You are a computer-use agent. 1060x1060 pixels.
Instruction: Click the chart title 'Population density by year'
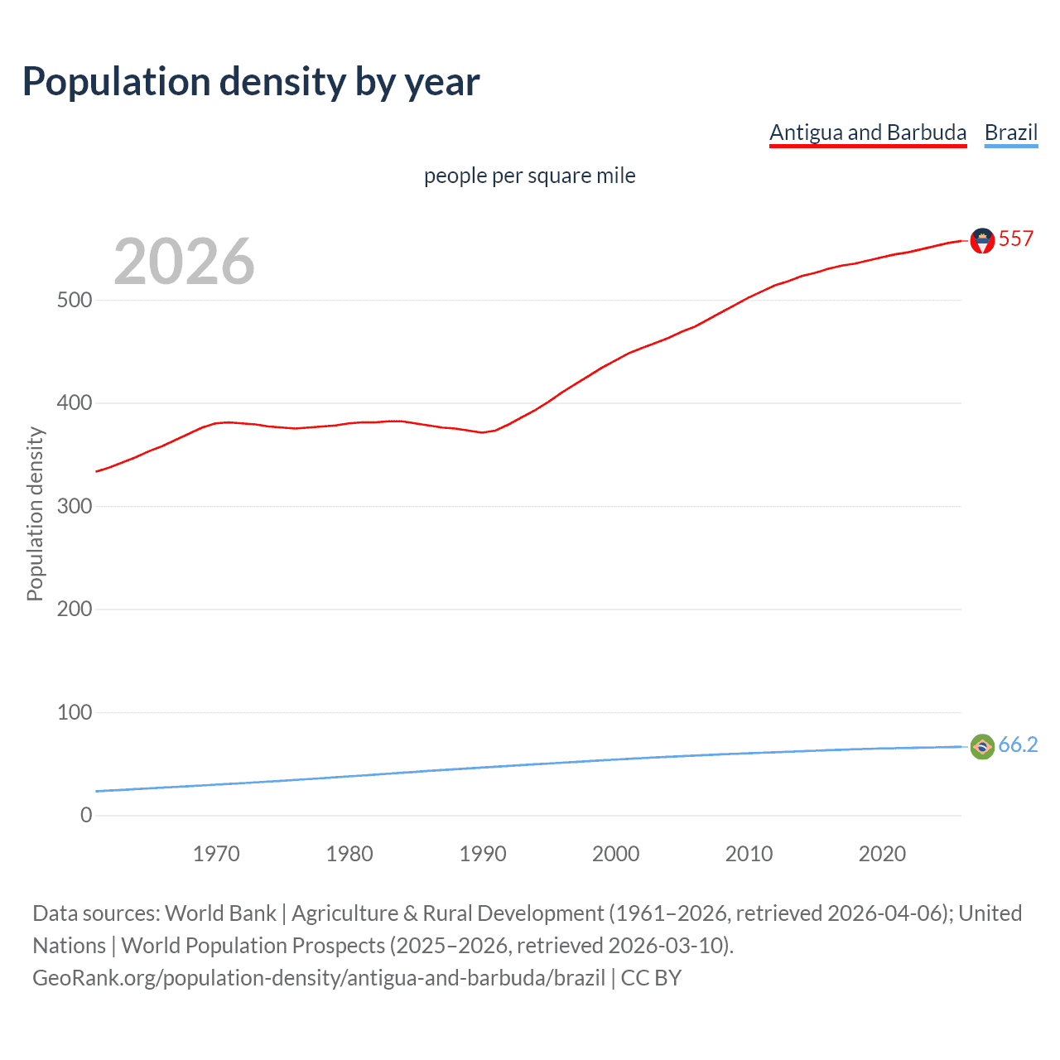[251, 82]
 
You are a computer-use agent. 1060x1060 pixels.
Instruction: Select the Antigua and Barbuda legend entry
[868, 132]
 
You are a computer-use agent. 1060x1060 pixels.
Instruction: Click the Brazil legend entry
[1010, 132]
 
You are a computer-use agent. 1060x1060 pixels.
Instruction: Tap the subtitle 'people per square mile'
[529, 176]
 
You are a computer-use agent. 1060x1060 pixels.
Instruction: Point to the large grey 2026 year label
[184, 262]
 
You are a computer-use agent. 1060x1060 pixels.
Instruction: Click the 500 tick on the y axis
[75, 300]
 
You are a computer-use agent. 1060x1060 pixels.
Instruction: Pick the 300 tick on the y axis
[75, 506]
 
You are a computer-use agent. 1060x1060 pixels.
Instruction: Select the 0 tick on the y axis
[86, 815]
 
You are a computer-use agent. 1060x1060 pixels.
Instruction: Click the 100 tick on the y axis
[75, 712]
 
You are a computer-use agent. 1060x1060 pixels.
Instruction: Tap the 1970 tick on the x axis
[216, 854]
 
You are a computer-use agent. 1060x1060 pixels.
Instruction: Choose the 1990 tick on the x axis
[483, 854]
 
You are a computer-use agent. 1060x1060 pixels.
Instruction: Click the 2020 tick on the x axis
[882, 854]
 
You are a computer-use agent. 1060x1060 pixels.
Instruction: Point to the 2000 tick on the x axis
[615, 854]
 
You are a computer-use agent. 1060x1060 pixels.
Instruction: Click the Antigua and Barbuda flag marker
[982, 240]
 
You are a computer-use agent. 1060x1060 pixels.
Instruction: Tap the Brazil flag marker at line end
[982, 746]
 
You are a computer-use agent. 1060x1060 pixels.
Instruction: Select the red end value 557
[1016, 238]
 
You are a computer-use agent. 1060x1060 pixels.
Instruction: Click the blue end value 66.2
[1018, 744]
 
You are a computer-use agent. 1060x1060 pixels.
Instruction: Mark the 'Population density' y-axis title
[35, 513]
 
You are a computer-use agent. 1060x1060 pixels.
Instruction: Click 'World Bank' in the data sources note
[220, 913]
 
